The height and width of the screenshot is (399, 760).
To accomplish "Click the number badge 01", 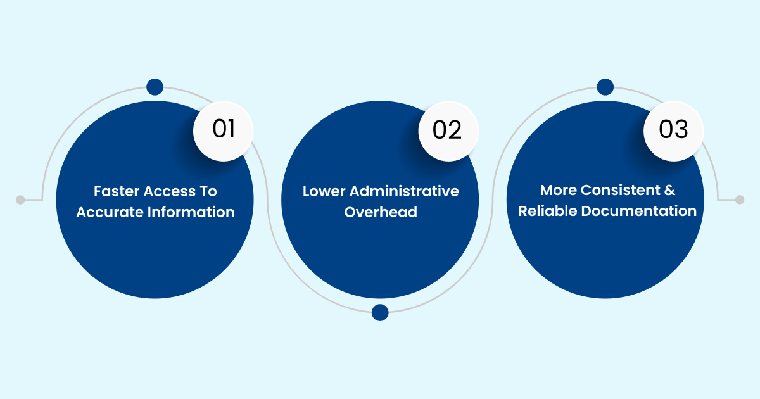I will point(224,130).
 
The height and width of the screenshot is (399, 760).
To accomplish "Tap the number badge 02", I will point(448,130).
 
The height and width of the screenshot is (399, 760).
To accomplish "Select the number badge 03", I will point(673,130).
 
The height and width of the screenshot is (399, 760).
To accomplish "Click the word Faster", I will point(115,191).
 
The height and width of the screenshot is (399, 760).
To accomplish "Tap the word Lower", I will point(324,191).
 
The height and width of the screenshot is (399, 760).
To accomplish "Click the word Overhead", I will point(381,212).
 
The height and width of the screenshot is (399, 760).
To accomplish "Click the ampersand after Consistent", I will point(669,190).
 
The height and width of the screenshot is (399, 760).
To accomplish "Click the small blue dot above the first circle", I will point(155,87).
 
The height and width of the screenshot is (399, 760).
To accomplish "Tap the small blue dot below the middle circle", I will point(380,312).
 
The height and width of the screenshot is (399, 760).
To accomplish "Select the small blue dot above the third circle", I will point(605,87).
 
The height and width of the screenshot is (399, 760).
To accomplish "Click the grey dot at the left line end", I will point(20,199).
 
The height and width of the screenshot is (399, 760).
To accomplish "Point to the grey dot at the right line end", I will point(740,199).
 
